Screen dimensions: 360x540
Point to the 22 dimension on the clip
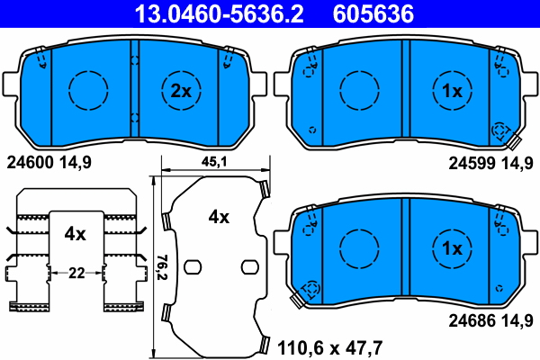(x=76, y=272)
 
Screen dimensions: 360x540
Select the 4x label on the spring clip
(x=75, y=234)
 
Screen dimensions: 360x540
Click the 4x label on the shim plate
(x=219, y=217)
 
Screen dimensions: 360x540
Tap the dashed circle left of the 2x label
(x=88, y=89)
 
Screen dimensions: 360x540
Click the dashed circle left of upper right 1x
(x=357, y=89)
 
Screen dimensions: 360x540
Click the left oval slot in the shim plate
(x=192, y=265)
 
